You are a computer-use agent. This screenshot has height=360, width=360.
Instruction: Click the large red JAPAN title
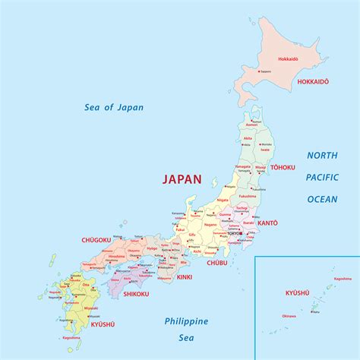click(182, 180)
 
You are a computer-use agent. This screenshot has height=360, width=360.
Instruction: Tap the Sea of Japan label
click(113, 107)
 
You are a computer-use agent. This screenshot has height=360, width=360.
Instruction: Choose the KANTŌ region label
click(267, 223)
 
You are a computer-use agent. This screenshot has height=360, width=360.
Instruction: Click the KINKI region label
click(185, 276)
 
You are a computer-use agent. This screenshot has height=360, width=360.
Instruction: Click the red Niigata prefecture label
click(223, 200)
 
